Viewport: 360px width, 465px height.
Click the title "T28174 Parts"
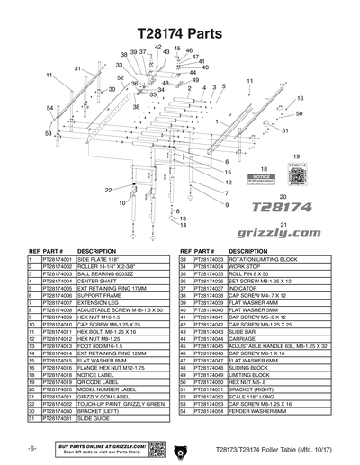179,31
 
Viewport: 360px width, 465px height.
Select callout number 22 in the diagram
108,190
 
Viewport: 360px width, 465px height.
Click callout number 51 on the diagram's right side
285,130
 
